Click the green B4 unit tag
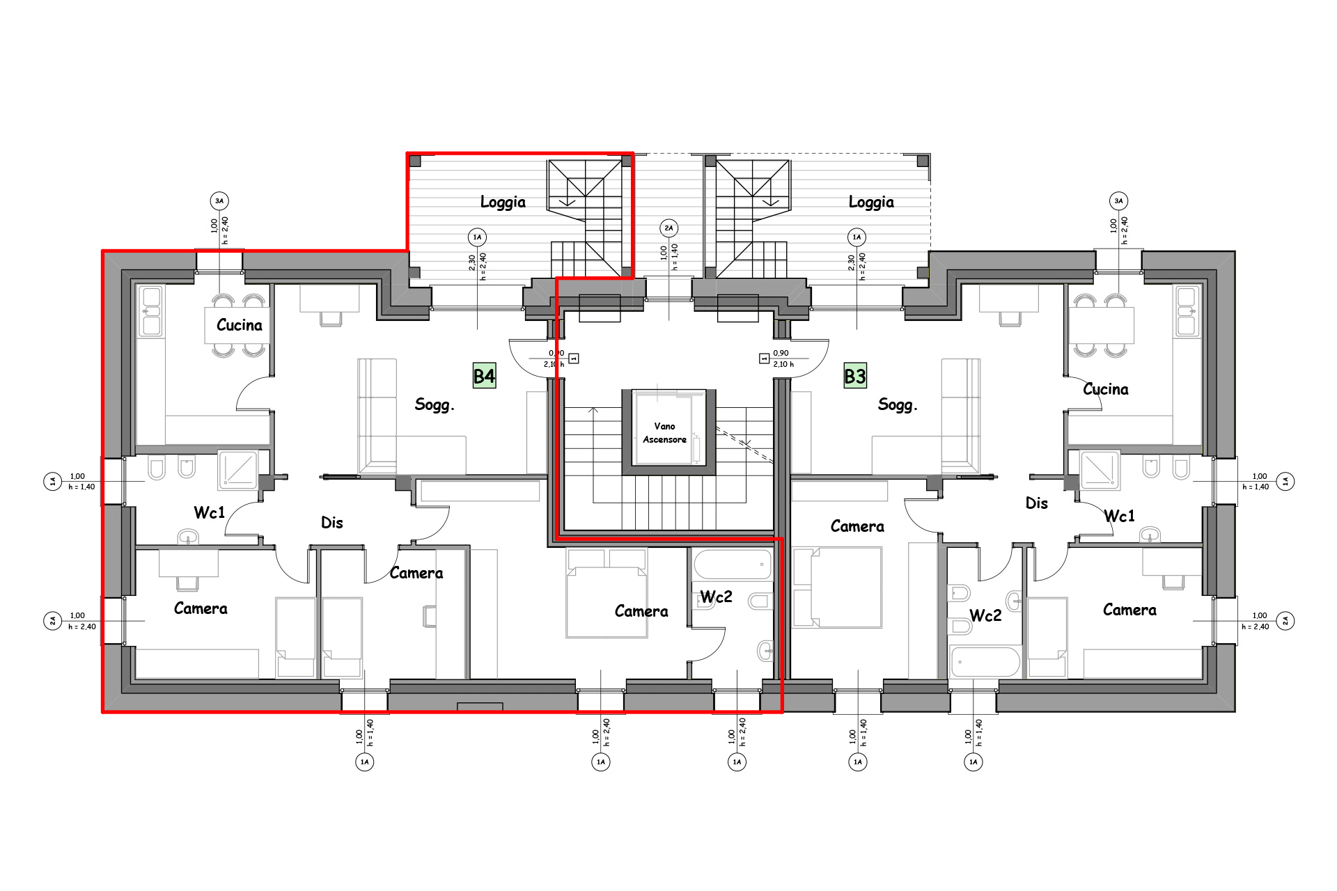(484, 377)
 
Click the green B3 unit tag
(855, 377)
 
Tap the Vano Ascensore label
(665, 433)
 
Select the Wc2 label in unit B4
(716, 597)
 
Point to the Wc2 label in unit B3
(985, 615)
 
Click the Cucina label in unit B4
(240, 325)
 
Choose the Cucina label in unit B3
(1106, 389)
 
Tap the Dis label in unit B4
(332, 523)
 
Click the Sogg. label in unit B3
(898, 404)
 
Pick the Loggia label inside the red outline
(503, 202)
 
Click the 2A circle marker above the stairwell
(669, 228)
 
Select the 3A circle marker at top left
(219, 201)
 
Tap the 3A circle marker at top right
(1118, 201)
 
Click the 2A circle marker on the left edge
(53, 620)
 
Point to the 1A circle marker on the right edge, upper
(1285, 481)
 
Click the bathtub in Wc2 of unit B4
(733, 565)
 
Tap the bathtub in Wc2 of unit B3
(985, 661)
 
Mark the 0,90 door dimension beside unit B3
(781, 353)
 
